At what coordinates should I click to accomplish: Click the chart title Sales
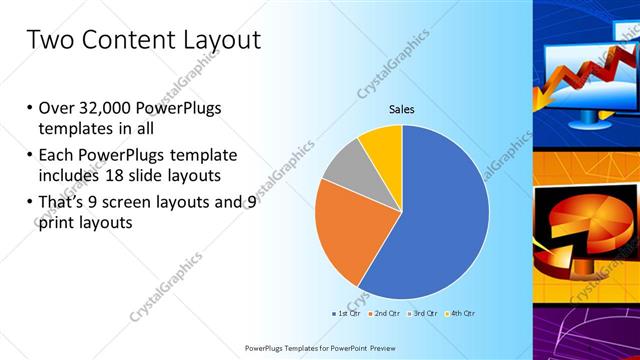(401, 109)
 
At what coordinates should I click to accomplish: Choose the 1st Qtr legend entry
(347, 314)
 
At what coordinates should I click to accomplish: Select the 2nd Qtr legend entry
(386, 314)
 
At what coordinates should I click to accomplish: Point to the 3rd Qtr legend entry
(424, 314)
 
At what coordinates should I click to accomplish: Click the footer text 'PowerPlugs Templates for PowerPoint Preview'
(319, 348)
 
